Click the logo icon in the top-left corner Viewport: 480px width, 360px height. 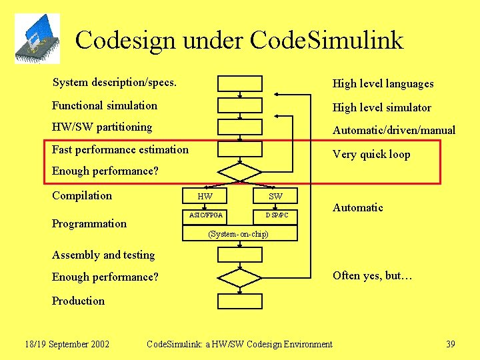(37, 38)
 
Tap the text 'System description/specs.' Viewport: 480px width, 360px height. (114, 83)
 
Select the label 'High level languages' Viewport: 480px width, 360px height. (383, 83)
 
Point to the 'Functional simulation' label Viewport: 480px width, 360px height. (105, 105)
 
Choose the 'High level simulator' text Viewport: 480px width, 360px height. (381, 107)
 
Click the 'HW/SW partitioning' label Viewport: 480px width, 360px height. (102, 127)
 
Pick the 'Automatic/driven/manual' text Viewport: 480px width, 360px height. (393, 130)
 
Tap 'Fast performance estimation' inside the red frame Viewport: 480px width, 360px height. (120, 149)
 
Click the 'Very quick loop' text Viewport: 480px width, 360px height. (371, 154)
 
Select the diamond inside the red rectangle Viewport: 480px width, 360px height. (240, 172)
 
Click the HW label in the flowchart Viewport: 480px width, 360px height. (205, 196)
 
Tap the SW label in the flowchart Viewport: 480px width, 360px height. (275, 196)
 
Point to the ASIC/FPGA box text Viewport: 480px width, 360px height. (206, 215)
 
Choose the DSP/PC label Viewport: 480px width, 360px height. (277, 215)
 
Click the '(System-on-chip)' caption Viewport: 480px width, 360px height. (238, 234)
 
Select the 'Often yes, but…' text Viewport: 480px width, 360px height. (372, 275)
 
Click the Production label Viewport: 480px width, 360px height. (78, 301)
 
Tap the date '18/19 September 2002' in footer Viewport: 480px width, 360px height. (67, 344)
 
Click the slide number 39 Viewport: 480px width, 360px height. (451, 344)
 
